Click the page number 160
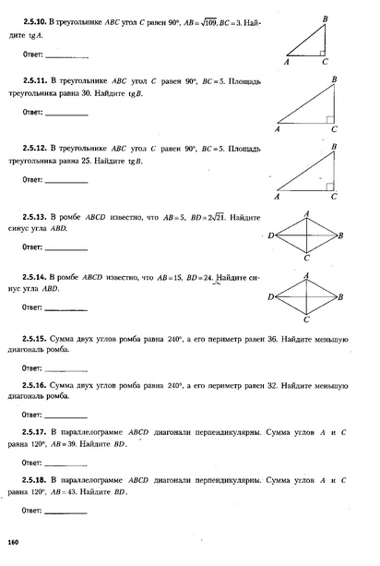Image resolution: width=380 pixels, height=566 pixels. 13,541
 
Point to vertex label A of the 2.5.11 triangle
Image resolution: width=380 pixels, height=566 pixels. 277,130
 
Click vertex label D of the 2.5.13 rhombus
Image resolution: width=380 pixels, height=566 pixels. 269,236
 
